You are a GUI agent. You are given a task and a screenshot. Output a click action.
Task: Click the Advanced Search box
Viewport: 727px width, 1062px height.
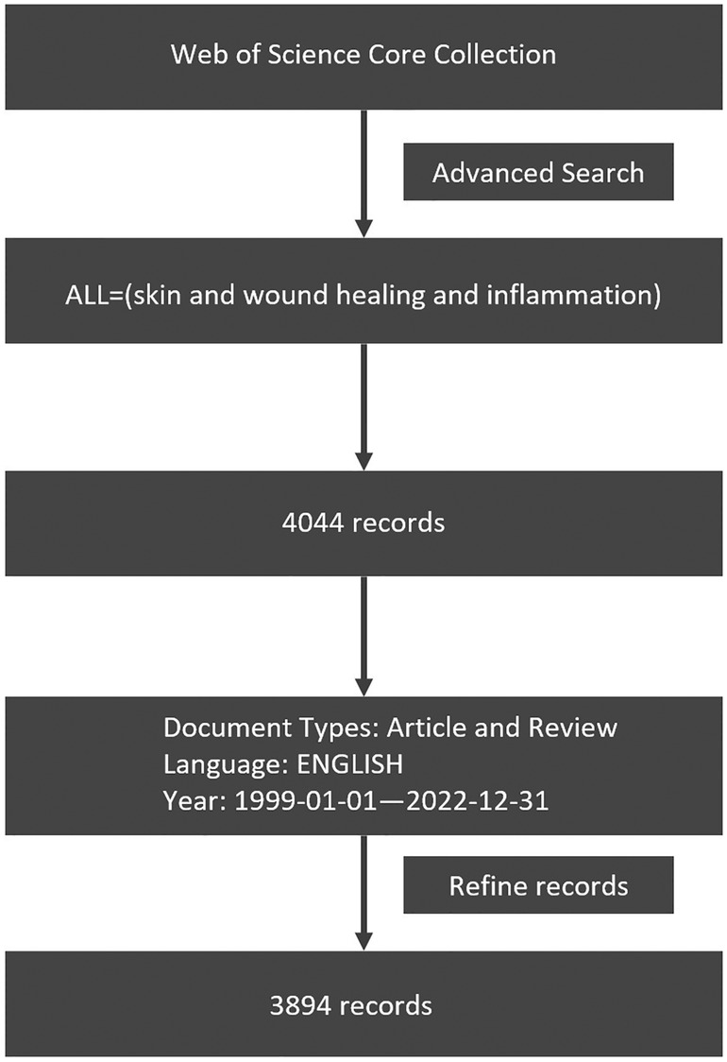coord(538,171)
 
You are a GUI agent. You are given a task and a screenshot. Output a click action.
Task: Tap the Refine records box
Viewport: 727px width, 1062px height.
coord(538,884)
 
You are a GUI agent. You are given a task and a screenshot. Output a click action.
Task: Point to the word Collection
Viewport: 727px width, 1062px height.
coord(495,54)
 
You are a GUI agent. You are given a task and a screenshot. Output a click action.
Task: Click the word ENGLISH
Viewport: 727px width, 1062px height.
coord(350,764)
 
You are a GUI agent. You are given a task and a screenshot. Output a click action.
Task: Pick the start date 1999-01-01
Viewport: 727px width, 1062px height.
coord(311,800)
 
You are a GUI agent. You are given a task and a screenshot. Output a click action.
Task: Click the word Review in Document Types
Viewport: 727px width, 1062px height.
coord(573,728)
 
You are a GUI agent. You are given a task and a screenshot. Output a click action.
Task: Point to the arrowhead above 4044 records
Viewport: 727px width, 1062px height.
coord(364,460)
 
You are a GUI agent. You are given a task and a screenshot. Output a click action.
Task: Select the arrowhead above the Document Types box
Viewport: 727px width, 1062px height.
coord(364,686)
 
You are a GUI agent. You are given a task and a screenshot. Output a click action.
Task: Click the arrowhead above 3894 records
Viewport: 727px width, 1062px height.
coord(364,941)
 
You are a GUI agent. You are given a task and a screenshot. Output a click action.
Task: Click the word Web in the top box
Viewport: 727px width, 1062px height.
coord(194,54)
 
